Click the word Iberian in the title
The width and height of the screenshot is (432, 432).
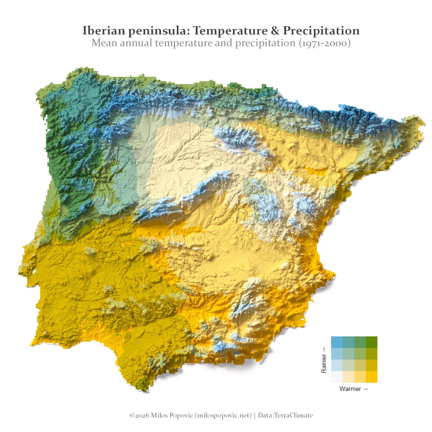(100, 31)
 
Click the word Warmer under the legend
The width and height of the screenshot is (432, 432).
(350, 389)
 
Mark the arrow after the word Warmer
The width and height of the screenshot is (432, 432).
(365, 389)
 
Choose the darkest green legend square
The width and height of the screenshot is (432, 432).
(372, 342)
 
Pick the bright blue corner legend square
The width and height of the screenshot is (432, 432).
(337, 342)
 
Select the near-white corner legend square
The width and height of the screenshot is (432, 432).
(337, 377)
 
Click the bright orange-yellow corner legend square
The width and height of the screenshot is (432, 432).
(372, 377)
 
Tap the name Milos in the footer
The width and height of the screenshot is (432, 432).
(157, 415)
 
